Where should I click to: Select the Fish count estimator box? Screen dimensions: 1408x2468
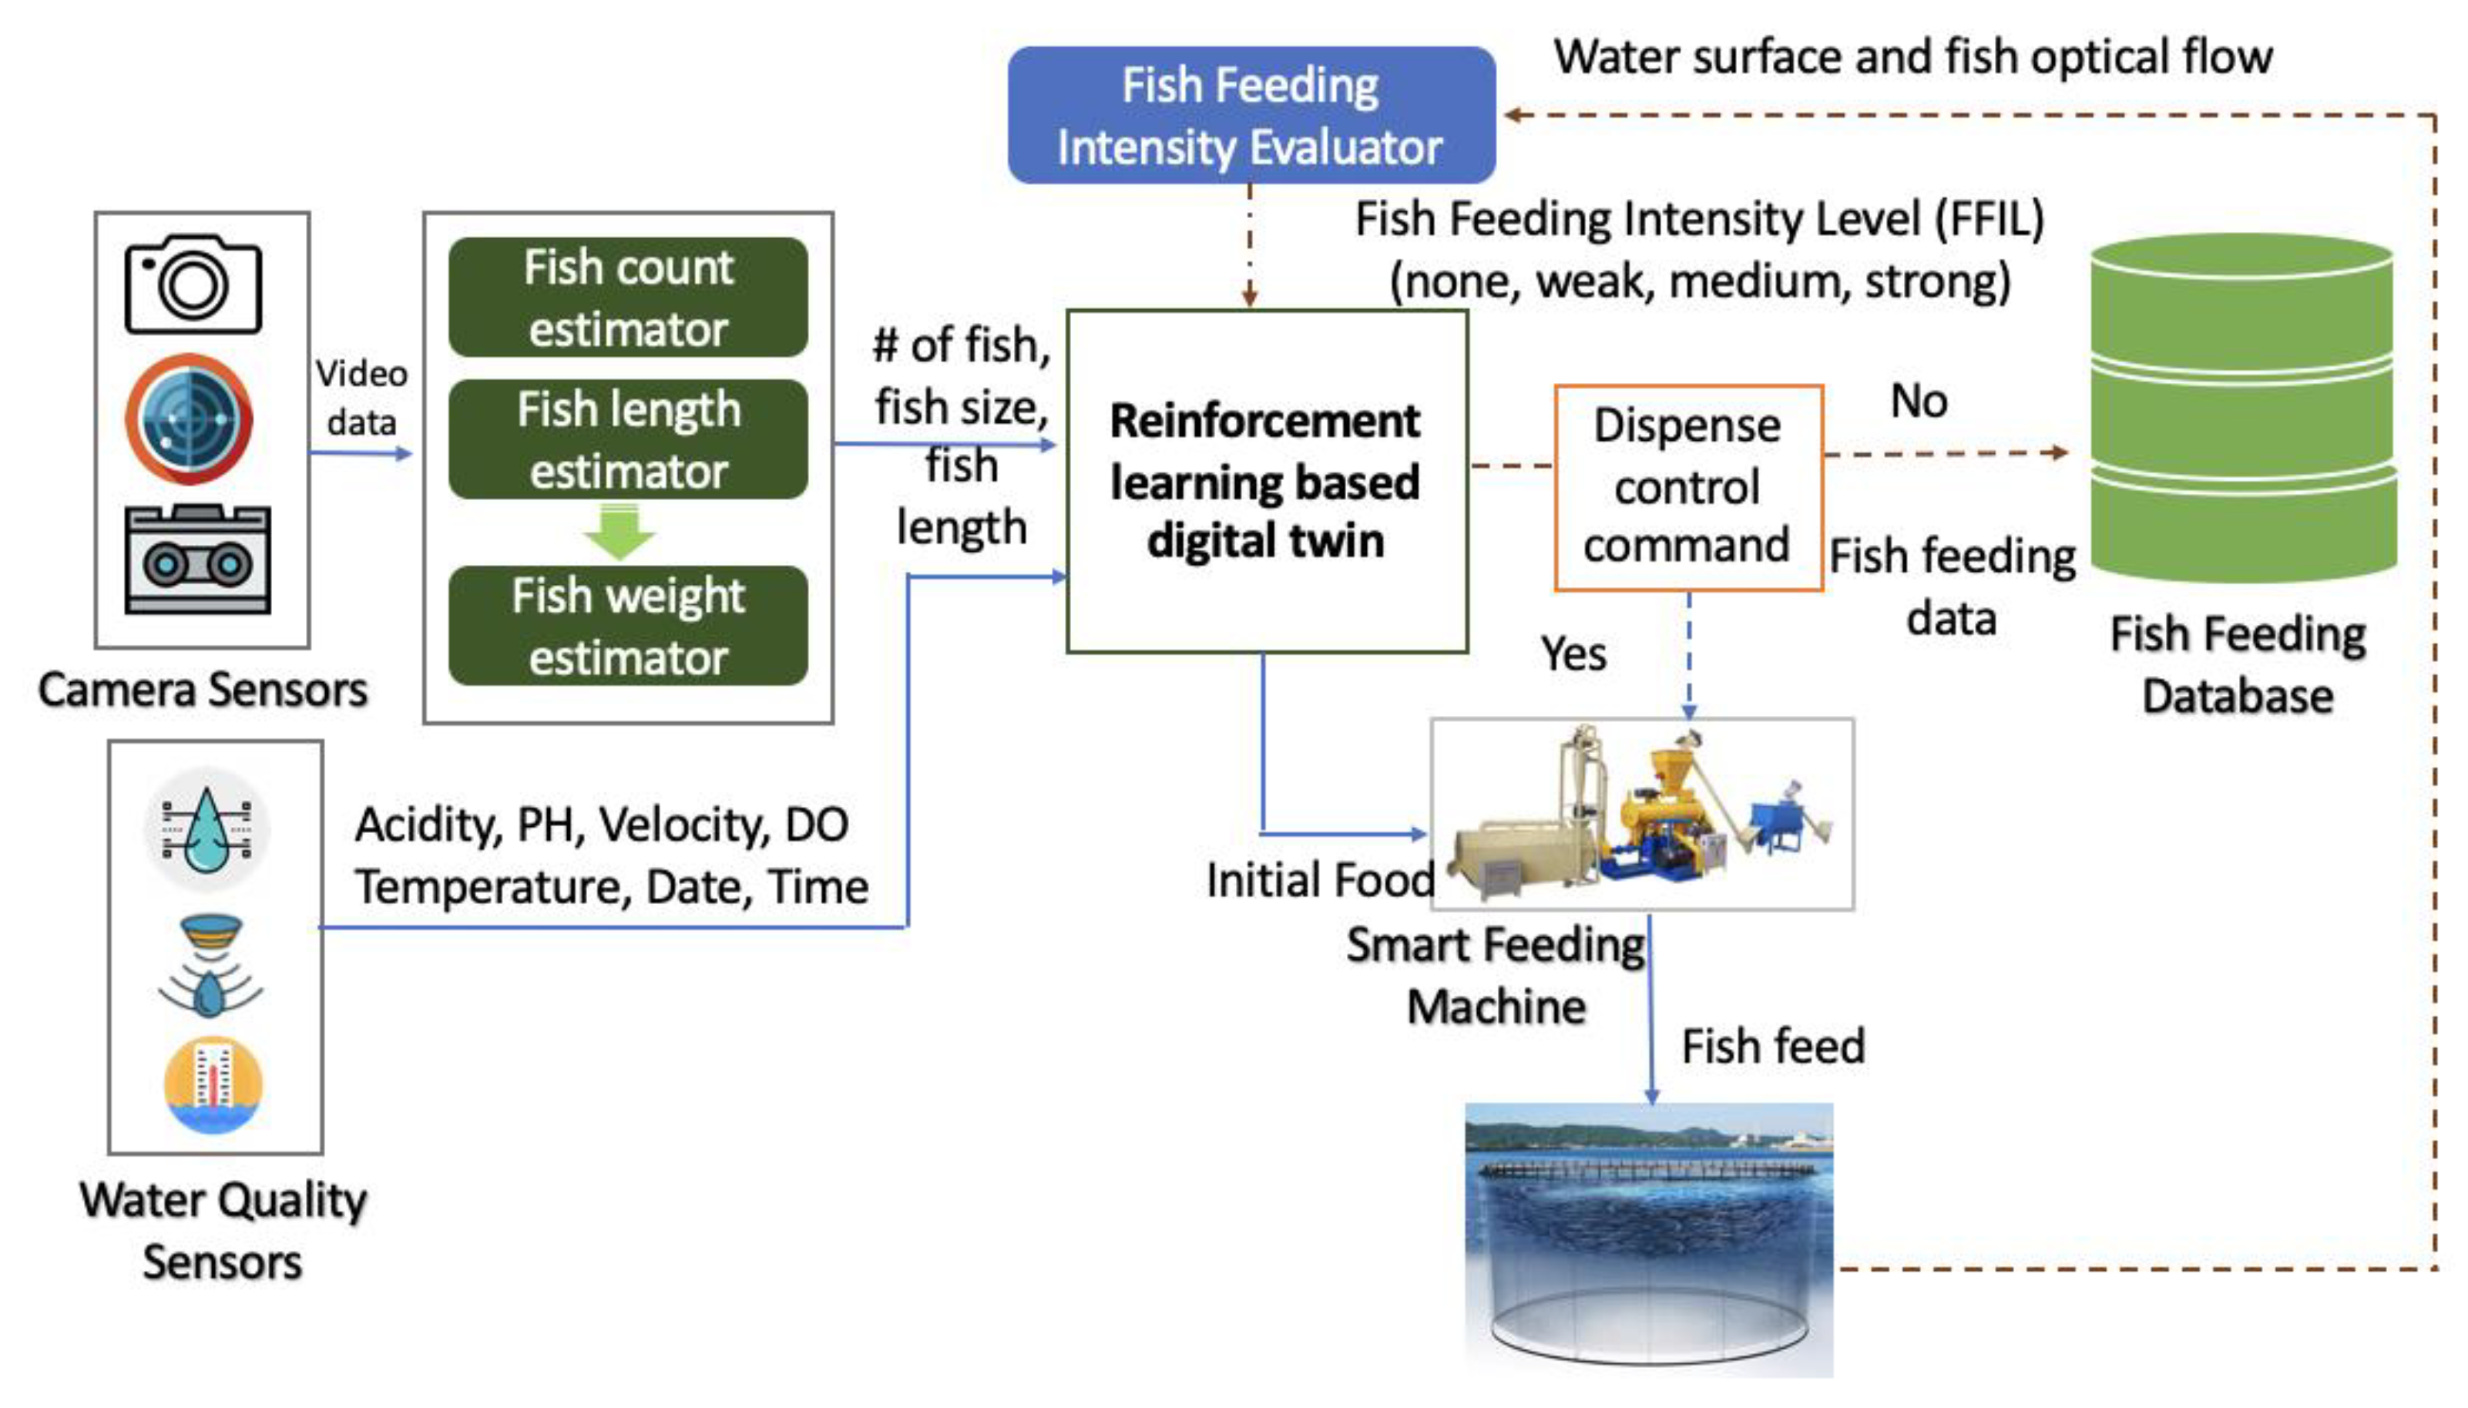(627, 297)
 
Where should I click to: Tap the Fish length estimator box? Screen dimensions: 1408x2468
(627, 439)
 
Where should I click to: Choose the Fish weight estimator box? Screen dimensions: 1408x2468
(627, 626)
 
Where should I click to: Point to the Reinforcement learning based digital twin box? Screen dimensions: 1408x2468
(1265, 481)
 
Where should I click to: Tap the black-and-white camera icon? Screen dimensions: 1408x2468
(193, 284)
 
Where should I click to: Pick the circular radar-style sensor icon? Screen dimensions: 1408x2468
(190, 418)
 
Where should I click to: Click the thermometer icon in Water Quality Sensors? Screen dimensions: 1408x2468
(213, 1083)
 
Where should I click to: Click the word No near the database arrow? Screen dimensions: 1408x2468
(1918, 400)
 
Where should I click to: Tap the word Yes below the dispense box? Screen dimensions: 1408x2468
(1573, 654)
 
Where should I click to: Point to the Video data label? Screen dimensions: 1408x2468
(361, 398)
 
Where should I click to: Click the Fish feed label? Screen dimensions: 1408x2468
(1772, 1045)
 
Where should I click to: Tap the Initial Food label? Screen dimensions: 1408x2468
(1320, 880)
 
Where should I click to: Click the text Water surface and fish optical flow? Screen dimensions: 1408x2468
(1912, 56)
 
